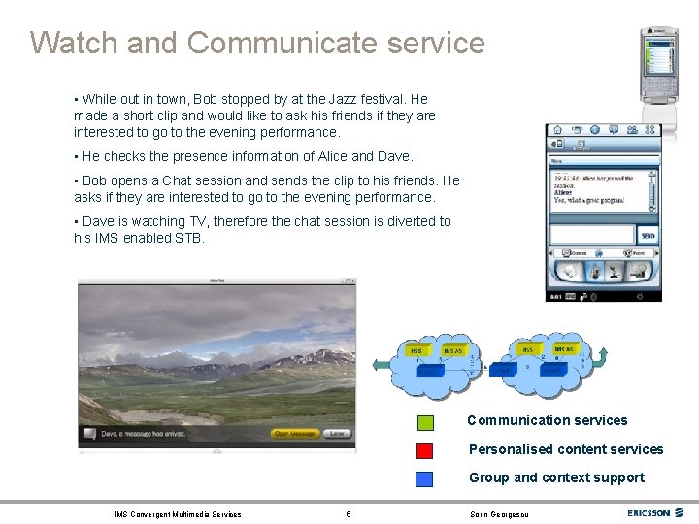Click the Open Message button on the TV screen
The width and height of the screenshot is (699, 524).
coord(294,434)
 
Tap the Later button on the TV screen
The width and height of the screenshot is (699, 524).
coord(337,434)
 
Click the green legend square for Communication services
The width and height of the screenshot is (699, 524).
coord(425,422)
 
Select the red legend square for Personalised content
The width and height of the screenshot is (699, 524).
coord(425,450)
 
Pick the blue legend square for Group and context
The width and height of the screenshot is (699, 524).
coord(425,478)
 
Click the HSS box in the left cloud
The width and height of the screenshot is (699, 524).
coord(416,350)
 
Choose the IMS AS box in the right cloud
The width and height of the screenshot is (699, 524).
coord(564,348)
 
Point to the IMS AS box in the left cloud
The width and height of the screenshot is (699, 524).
coord(453,350)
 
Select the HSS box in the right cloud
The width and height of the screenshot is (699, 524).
coord(528,349)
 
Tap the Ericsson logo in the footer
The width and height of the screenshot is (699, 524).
coord(649,513)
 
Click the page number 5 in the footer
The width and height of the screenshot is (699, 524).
coord(349,514)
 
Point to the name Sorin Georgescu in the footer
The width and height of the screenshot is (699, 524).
coord(500,514)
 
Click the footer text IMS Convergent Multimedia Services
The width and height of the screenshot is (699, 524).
coord(177,514)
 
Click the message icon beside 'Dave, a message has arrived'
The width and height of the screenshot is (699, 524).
coord(89,434)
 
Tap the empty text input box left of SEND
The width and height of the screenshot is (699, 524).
coord(591,234)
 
